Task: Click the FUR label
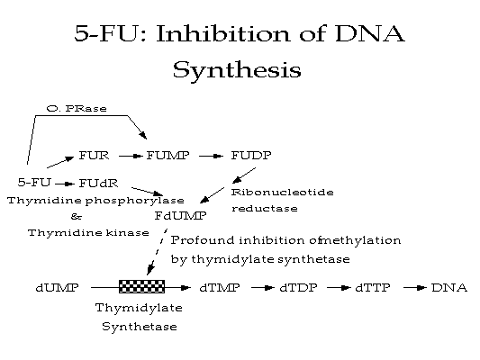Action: tap(94, 156)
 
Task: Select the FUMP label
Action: tap(168, 156)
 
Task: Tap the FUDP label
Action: tap(251, 156)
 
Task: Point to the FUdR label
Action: tap(98, 184)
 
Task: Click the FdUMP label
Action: tap(180, 216)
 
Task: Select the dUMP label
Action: tap(58, 288)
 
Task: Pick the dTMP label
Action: tap(220, 288)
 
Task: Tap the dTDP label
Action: tap(298, 288)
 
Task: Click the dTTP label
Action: tap(373, 288)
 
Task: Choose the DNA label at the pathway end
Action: tap(449, 288)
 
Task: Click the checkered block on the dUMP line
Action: tap(141, 286)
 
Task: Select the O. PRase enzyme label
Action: tap(77, 109)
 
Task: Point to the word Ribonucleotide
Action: tap(282, 193)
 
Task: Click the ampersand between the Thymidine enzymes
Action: tap(77, 217)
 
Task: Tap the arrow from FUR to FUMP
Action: tap(131, 157)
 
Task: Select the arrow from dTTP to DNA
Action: tap(415, 288)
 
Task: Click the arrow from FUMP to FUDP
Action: tap(211, 157)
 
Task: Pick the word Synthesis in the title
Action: tap(237, 70)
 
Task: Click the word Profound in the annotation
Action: tap(203, 240)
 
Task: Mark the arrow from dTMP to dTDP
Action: tap(263, 288)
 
